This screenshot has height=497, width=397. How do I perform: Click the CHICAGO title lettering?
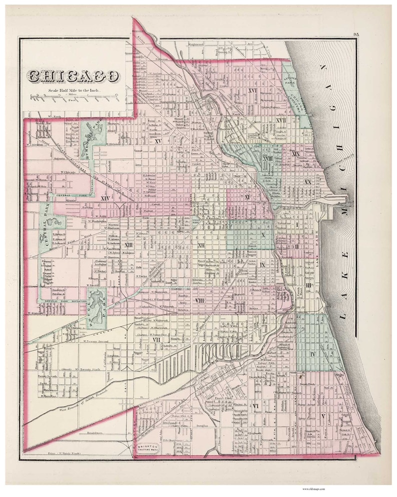point(73,76)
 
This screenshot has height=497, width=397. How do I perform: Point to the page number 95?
point(355,34)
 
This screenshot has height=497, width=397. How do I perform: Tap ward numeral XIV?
point(105,199)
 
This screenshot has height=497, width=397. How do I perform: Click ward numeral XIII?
point(128,245)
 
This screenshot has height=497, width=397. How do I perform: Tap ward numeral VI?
point(256,405)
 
